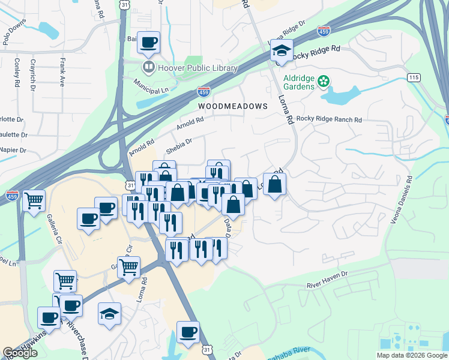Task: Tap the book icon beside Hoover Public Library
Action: [148, 67]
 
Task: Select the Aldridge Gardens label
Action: [295, 83]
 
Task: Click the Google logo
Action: [20, 353]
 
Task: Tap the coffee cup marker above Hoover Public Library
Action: [148, 42]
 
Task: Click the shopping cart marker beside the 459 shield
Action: [34, 200]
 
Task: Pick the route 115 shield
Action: [412, 77]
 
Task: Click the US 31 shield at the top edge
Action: [124, 4]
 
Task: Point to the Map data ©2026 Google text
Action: [411, 355]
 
